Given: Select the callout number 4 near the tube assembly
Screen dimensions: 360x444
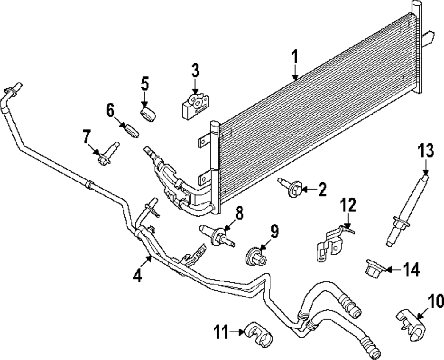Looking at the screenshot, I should click(x=137, y=275).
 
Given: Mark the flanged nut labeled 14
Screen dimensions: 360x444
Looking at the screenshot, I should click(x=373, y=268).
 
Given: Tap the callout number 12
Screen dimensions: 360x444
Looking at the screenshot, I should click(x=349, y=206).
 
